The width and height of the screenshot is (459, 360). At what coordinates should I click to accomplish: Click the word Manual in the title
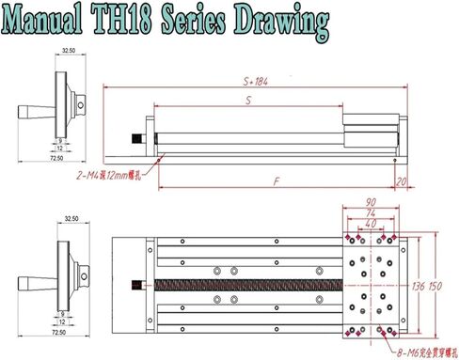[x=57, y=20]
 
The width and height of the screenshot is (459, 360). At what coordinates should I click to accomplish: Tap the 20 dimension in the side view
[x=402, y=180]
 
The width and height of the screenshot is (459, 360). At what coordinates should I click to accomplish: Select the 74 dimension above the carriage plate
[x=371, y=212]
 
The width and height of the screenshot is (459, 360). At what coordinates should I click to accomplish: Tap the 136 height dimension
[x=419, y=285]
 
